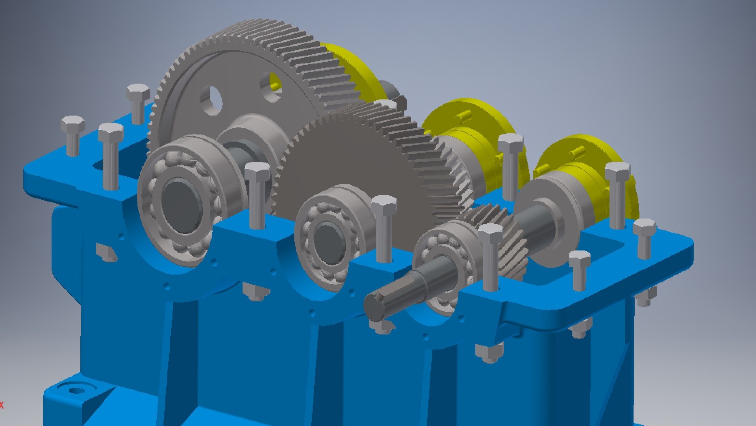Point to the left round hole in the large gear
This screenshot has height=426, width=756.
(211, 99)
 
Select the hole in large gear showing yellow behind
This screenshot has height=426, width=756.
(271, 87)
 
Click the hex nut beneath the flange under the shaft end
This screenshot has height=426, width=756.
(381, 327)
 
